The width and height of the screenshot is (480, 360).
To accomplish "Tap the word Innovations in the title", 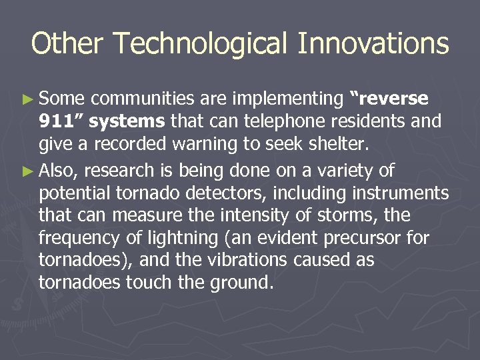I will pyautogui.click(x=373, y=44).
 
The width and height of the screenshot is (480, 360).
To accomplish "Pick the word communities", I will pyautogui.click(x=137, y=99).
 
